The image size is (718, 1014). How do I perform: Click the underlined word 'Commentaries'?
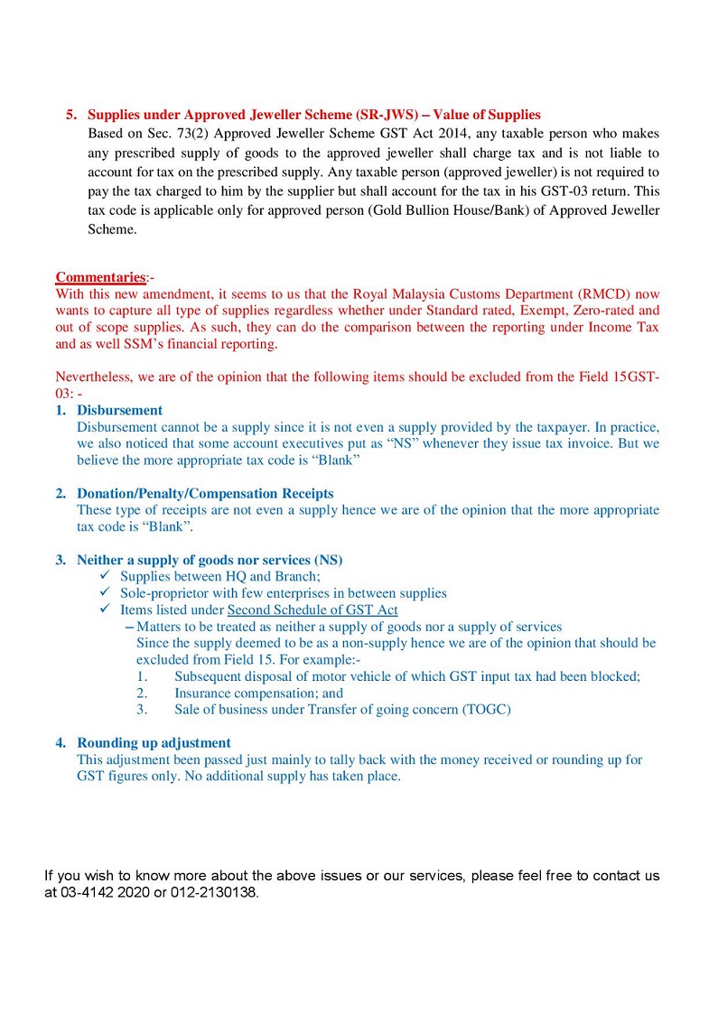(x=99, y=277)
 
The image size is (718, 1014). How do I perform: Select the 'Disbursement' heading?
(x=119, y=410)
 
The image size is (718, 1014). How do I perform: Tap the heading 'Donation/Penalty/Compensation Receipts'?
(x=205, y=494)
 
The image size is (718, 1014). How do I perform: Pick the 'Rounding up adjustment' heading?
(x=154, y=743)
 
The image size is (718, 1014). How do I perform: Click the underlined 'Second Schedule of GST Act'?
(x=312, y=610)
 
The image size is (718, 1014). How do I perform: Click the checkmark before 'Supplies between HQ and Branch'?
(x=106, y=576)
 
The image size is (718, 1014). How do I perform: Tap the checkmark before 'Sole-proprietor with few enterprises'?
(x=106, y=593)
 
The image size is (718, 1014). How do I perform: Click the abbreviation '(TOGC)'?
(x=487, y=710)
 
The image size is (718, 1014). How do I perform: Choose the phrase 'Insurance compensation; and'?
(x=259, y=693)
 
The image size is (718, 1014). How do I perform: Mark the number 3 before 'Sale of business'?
(x=142, y=710)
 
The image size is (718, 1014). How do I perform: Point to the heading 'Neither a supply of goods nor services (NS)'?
(x=210, y=560)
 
